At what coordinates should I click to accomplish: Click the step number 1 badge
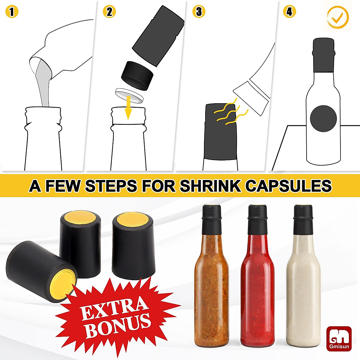tap(12, 12)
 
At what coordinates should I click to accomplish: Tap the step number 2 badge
tap(109, 12)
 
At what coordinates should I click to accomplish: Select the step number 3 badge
tap(199, 12)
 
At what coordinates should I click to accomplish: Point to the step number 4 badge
tap(289, 12)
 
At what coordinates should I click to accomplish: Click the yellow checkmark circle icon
tap(338, 17)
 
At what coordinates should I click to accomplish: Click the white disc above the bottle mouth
tap(130, 95)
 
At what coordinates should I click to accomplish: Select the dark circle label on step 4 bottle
tap(323, 118)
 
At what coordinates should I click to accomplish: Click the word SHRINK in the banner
tap(210, 186)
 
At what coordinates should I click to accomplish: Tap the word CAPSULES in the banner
tap(288, 186)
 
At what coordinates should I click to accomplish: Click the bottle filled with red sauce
tap(258, 285)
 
